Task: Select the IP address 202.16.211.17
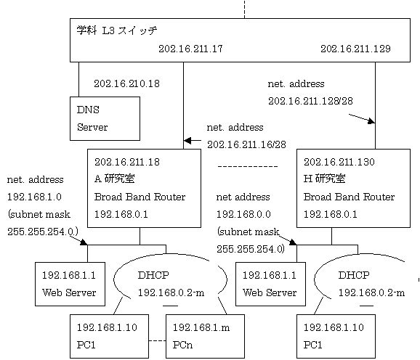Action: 190,49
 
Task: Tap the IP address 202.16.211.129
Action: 355,49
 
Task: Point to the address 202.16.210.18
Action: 126,83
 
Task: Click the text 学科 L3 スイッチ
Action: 117,30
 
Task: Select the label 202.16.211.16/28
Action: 246,144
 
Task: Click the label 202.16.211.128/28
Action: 310,101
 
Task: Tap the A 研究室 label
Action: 114,179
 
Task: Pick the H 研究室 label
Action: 324,179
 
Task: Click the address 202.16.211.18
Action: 127,162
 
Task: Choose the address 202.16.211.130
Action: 339,162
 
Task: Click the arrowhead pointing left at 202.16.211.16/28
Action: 187,140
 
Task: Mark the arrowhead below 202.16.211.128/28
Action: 371,121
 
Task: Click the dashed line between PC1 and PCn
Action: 157,340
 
